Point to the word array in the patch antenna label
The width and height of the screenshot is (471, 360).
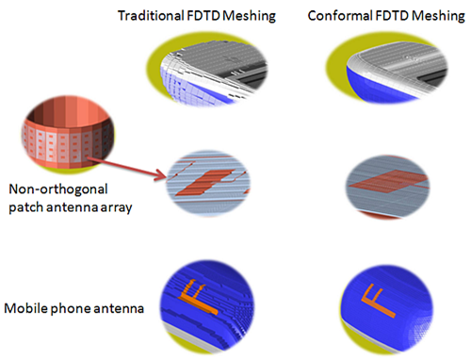coord(122,205)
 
